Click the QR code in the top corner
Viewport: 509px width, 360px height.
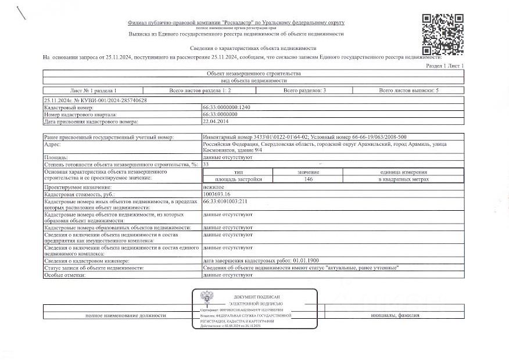[442, 33]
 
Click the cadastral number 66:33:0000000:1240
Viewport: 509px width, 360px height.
[226, 108]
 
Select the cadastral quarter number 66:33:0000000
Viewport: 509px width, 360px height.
[221, 115]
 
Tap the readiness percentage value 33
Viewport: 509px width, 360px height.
[206, 165]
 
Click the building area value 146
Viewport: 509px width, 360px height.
[309, 179]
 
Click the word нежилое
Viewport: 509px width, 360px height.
[213, 187]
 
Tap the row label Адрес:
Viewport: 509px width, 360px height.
[53, 143]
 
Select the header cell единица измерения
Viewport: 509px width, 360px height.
[404, 172]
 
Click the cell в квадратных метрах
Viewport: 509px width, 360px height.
[404, 179]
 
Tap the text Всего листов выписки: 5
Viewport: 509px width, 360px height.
[408, 91]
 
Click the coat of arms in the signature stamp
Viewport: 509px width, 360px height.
[206, 298]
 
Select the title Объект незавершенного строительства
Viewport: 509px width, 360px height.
[254, 74]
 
